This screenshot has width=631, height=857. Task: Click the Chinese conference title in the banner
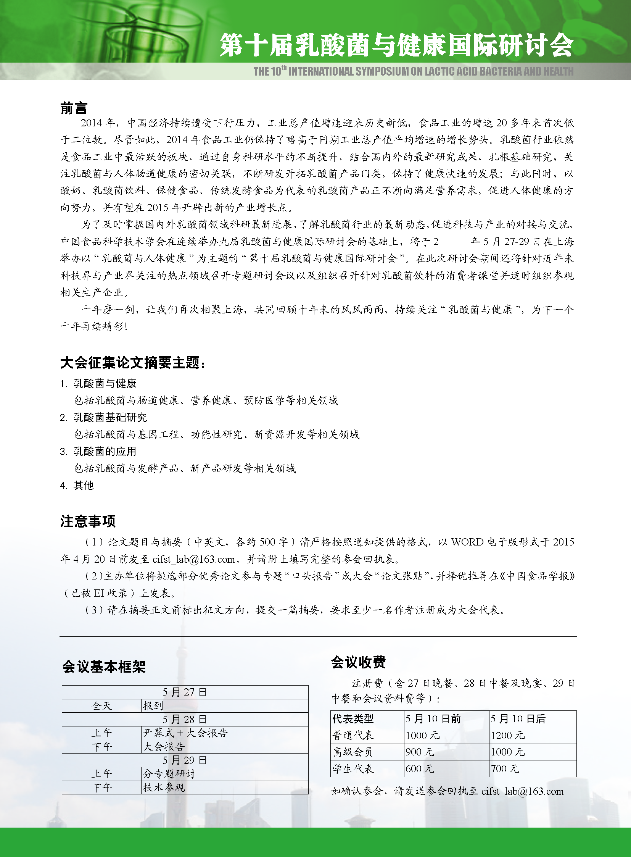396,45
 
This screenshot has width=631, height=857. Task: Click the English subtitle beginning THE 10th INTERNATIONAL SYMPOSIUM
413,71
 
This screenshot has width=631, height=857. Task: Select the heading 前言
74,108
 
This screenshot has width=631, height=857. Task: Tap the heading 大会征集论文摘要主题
132,363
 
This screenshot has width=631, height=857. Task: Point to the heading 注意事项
87,521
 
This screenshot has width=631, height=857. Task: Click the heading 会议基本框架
104,667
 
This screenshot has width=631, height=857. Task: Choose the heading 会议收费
358,662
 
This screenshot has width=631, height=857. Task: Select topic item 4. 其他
77,486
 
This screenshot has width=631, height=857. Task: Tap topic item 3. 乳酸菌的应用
98,452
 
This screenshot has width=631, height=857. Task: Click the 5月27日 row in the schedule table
185,692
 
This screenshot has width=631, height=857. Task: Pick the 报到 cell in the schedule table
153,705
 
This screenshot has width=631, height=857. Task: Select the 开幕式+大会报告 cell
185,733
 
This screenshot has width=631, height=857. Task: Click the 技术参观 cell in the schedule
164,787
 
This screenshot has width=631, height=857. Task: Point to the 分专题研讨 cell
169,774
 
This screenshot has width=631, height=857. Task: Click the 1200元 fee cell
508,735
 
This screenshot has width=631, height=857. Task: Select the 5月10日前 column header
433,719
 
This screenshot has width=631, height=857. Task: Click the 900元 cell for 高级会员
420,752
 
